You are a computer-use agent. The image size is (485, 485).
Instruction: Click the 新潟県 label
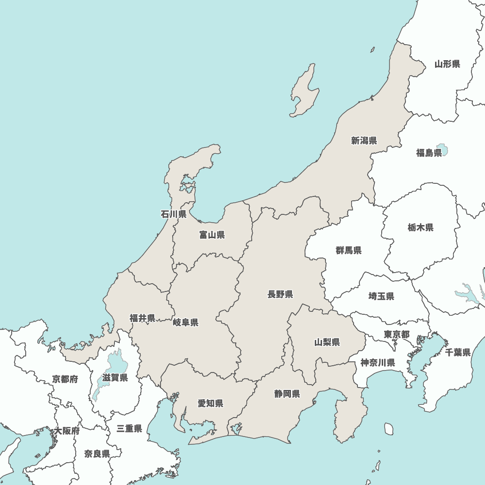coord(364,141)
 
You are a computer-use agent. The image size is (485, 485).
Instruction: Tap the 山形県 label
coord(447,64)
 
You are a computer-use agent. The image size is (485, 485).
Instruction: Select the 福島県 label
coord(429,153)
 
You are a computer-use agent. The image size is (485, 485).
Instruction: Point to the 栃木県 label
coord(420,227)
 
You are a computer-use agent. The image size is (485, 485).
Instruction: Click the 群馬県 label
coord(348,250)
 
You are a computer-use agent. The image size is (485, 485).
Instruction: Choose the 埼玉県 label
coord(381,296)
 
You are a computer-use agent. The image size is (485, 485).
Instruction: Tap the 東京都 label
coord(396,334)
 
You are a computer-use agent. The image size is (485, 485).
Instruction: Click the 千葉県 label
coord(458,352)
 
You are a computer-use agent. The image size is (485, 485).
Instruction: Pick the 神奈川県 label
coord(377,362)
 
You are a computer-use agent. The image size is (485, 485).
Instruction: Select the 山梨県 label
coord(327,342)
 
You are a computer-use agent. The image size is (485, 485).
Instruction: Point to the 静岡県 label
coord(287,393)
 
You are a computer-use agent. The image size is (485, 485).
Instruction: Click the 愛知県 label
coord(210,403)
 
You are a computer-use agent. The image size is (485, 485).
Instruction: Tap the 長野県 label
coord(280,294)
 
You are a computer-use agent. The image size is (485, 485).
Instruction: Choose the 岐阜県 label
coord(185,323)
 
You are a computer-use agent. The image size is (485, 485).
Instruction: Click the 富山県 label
coord(212,235)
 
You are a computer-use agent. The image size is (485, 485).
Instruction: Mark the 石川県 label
coord(174,214)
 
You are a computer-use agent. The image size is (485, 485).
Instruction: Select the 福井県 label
coord(142,318)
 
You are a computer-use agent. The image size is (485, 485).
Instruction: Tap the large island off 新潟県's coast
coord(305,92)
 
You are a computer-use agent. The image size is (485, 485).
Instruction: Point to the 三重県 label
coord(129,429)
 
